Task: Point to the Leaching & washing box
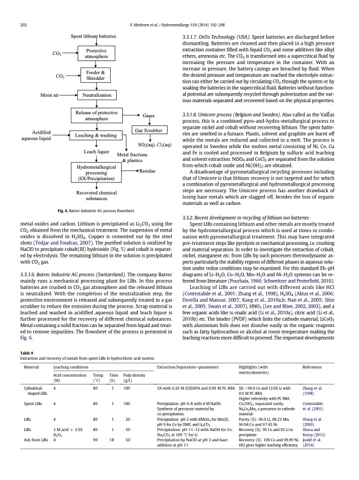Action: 97,136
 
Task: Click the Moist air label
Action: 50,96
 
